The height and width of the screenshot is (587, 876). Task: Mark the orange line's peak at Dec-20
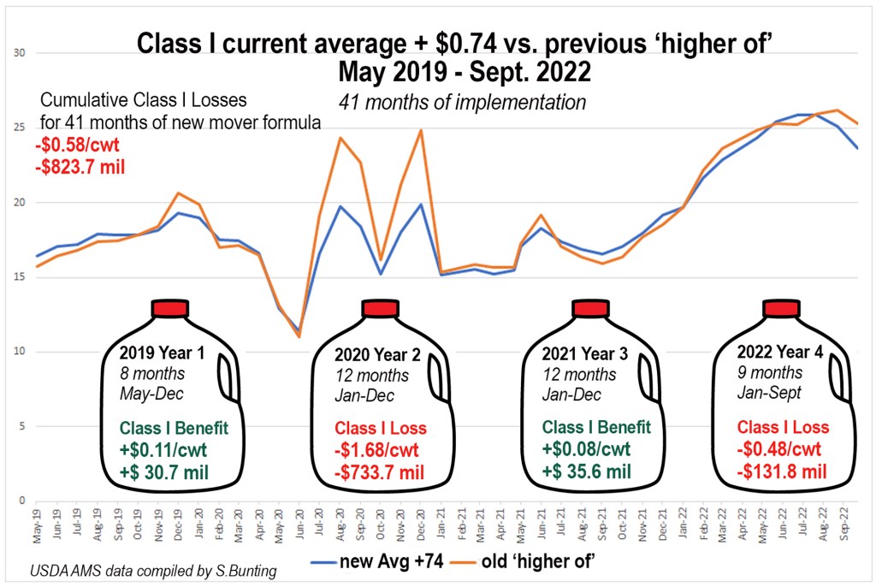[x=421, y=130]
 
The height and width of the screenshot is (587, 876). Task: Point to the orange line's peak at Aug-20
[x=340, y=138]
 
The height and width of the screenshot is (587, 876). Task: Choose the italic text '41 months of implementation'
[x=462, y=103]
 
